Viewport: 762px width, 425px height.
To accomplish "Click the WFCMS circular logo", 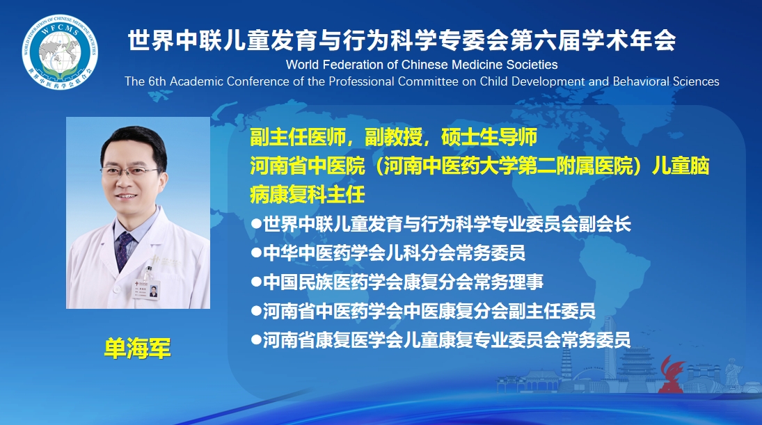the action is (60, 52).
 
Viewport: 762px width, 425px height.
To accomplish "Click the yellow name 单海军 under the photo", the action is (138, 348).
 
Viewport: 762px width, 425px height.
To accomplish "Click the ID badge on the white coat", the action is (148, 289).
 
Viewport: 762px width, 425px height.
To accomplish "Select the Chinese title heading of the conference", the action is (402, 40).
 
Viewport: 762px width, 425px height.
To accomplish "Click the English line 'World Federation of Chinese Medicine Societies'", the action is (422, 65).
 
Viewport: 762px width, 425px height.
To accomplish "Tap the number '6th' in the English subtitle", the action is (157, 81).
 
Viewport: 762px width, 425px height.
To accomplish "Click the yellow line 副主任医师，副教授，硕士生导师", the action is (394, 138).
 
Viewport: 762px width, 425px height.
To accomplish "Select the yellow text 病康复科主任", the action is (307, 195).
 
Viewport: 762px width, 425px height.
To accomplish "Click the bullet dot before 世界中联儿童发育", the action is (256, 224).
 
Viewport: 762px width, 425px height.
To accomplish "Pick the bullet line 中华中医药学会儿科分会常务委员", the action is (388, 253).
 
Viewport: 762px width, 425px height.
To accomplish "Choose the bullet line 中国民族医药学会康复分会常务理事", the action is (397, 282).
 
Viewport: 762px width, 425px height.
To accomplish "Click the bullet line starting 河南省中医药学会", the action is (423, 312).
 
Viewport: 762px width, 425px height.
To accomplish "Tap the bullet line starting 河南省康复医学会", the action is (440, 340).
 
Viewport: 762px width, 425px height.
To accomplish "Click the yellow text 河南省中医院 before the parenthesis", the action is (307, 166).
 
